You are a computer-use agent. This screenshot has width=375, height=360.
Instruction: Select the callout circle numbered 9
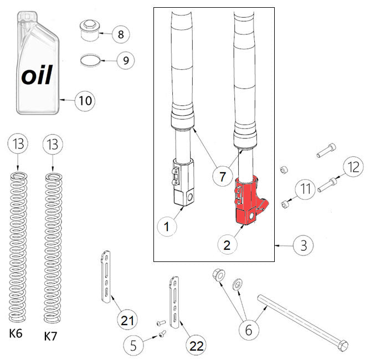(x=125, y=60)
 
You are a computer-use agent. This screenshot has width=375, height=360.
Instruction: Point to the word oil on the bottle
(x=37, y=75)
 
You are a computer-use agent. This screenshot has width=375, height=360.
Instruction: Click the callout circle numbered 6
(x=249, y=330)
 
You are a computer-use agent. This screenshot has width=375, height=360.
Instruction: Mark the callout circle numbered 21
(x=127, y=320)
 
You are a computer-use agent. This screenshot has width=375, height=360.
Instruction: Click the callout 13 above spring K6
(x=17, y=145)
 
